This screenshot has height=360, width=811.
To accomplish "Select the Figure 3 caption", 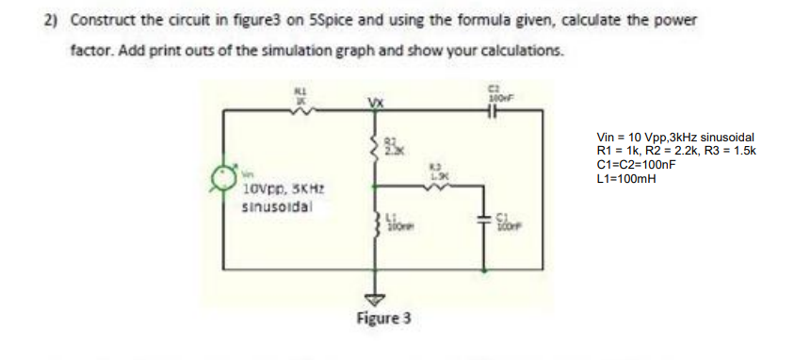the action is click(383, 318).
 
